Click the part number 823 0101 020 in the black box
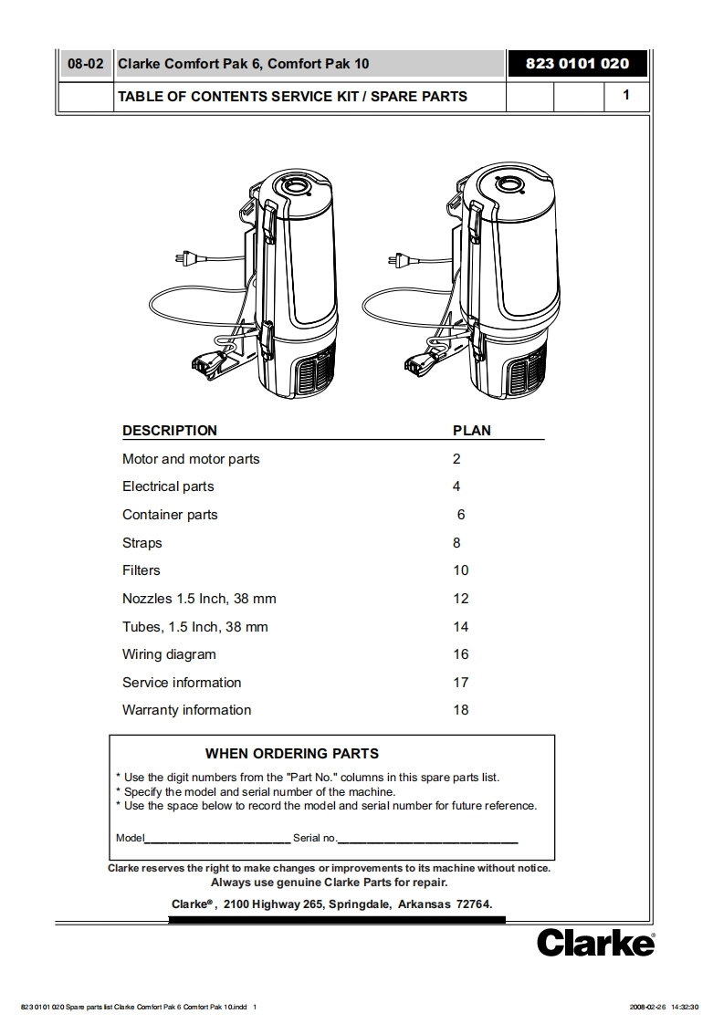577,64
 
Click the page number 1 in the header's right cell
625,95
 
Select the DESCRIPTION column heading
170,431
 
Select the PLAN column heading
471,431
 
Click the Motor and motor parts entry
191,459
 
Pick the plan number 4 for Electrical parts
456,486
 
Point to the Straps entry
142,543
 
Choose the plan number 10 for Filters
461,570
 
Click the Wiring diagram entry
169,654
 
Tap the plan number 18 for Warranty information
461,710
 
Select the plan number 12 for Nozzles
461,599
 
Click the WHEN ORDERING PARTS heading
292,754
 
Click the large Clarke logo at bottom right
595,942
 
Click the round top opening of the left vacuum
297,186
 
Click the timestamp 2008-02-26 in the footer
647,1007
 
